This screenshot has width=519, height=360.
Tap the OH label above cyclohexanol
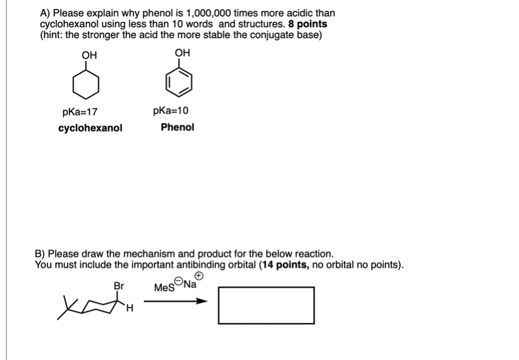pos(89,55)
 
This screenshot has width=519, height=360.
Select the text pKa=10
pos(171,111)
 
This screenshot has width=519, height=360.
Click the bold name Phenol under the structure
pos(177,127)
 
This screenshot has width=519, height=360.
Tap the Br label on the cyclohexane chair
pos(119,285)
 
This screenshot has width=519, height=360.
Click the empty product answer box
pos(266,305)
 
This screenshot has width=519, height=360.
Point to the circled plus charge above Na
pos(198,275)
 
